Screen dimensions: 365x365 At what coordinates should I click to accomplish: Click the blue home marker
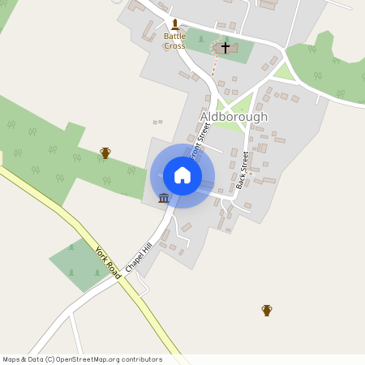(182, 174)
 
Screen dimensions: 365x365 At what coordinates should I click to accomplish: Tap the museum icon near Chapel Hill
(164, 198)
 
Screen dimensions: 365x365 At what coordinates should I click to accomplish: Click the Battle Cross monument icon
(174, 25)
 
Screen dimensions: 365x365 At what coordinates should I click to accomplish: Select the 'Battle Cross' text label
(174, 41)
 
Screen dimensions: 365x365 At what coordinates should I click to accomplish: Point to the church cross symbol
(225, 48)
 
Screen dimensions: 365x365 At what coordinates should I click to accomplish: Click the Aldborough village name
(234, 117)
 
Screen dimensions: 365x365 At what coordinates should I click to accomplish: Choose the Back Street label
(242, 170)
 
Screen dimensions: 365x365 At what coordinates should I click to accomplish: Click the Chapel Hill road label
(139, 255)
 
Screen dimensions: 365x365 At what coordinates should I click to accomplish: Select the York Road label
(108, 263)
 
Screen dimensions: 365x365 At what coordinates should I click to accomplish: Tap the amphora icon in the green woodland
(105, 152)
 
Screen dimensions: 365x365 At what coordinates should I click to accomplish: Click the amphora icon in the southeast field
(266, 310)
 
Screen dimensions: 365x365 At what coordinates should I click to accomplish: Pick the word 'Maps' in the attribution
(12, 359)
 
